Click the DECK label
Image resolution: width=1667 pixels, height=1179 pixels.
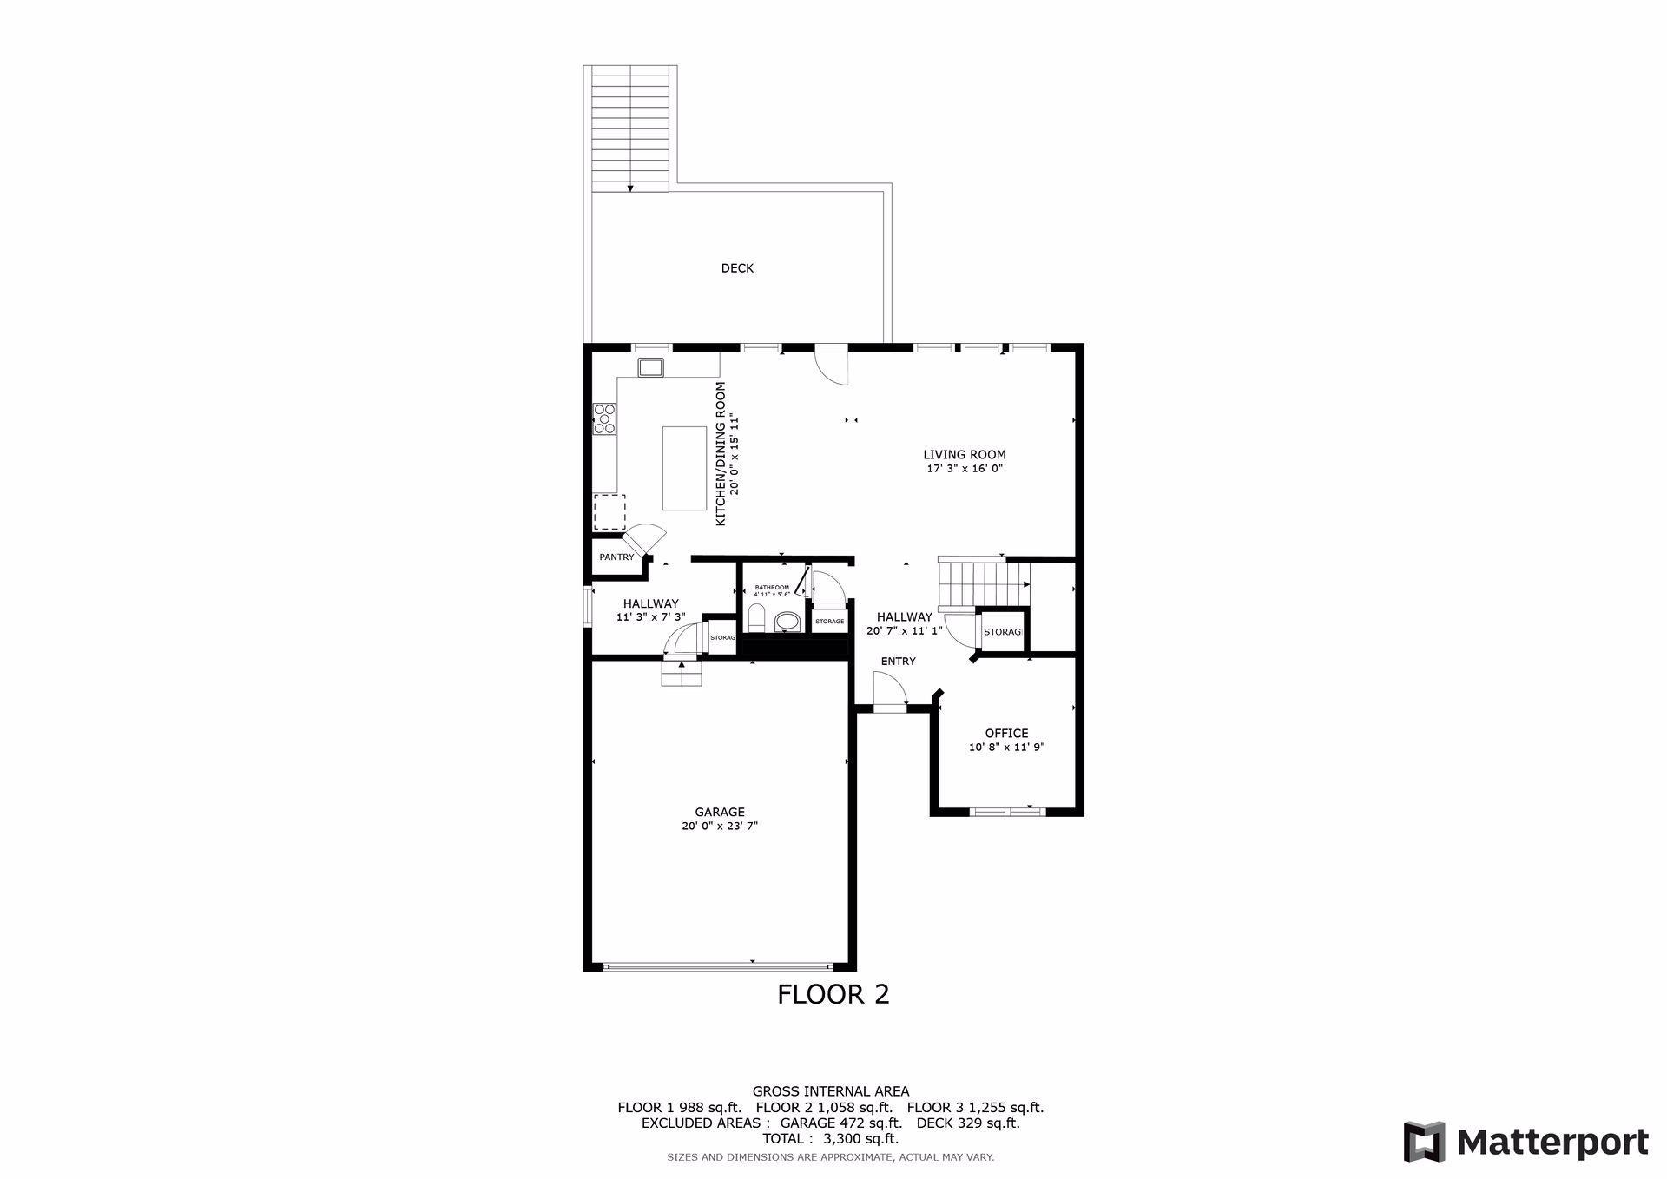[737, 268]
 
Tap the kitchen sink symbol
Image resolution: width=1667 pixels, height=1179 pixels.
[650, 367]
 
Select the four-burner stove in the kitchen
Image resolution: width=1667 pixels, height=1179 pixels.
[604, 418]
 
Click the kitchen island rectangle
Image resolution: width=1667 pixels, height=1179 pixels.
[684, 468]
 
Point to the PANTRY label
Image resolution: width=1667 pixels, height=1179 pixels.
[616, 557]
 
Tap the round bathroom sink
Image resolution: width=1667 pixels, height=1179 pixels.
[787, 622]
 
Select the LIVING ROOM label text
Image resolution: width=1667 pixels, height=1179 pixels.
[964, 454]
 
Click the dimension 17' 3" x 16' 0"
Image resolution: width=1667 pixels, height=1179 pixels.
[965, 469]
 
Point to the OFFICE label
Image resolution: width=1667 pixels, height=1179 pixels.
[1006, 733]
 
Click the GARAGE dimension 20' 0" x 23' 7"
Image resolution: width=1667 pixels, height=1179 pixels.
[720, 827]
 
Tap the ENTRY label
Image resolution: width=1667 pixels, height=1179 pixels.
[898, 661]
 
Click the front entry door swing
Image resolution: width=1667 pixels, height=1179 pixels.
[891, 691]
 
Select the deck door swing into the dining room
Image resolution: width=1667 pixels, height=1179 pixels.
[832, 366]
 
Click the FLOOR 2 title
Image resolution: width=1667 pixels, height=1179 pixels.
[833, 994]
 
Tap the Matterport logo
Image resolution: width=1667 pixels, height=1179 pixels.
[1525, 1142]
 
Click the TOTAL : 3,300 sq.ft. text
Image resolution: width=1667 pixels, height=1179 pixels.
[830, 1138]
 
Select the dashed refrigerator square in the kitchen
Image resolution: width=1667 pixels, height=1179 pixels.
[609, 512]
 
